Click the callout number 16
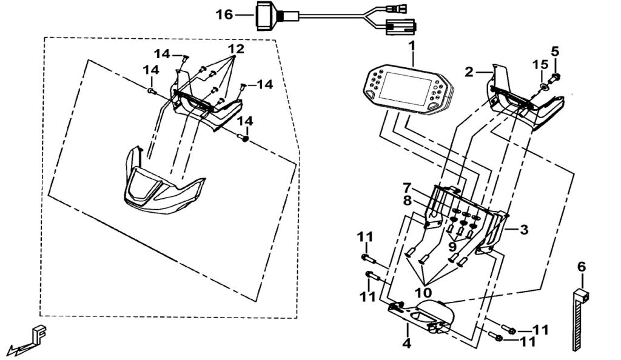[224, 13]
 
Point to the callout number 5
[555, 51]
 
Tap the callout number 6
[581, 265]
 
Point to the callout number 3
[523, 230]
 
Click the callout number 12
[236, 48]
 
